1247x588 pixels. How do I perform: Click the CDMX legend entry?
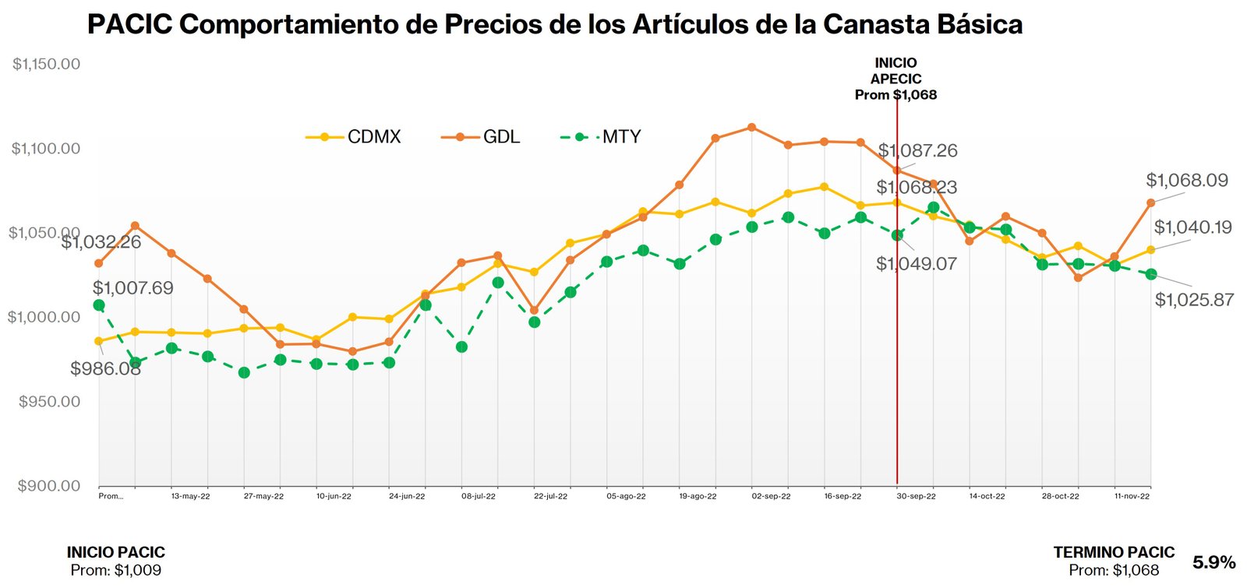click(x=373, y=137)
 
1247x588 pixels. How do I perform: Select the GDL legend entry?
click(x=501, y=137)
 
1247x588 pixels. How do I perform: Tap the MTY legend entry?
click(x=621, y=137)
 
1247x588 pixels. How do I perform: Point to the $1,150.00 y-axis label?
click(x=46, y=64)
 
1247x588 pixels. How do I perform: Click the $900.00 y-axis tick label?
click(x=49, y=486)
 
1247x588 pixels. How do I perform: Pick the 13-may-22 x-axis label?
click(x=190, y=496)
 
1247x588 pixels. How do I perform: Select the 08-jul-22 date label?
click(x=479, y=496)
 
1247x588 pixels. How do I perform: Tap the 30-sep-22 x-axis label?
click(x=916, y=496)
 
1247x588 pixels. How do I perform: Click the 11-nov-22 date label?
click(x=1132, y=496)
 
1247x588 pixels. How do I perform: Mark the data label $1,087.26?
click(x=917, y=150)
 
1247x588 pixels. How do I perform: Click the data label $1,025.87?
click(x=1194, y=300)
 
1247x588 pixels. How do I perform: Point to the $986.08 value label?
click(x=105, y=368)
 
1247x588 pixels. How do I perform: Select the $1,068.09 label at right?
click(x=1186, y=181)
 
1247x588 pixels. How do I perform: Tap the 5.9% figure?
click(x=1213, y=562)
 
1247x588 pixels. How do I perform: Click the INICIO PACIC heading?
click(x=116, y=552)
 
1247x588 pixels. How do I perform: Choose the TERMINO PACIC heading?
click(x=1114, y=552)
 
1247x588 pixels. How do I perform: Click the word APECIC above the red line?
click(x=896, y=79)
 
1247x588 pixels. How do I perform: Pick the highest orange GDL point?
click(x=751, y=127)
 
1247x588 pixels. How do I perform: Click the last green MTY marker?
click(x=1151, y=274)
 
